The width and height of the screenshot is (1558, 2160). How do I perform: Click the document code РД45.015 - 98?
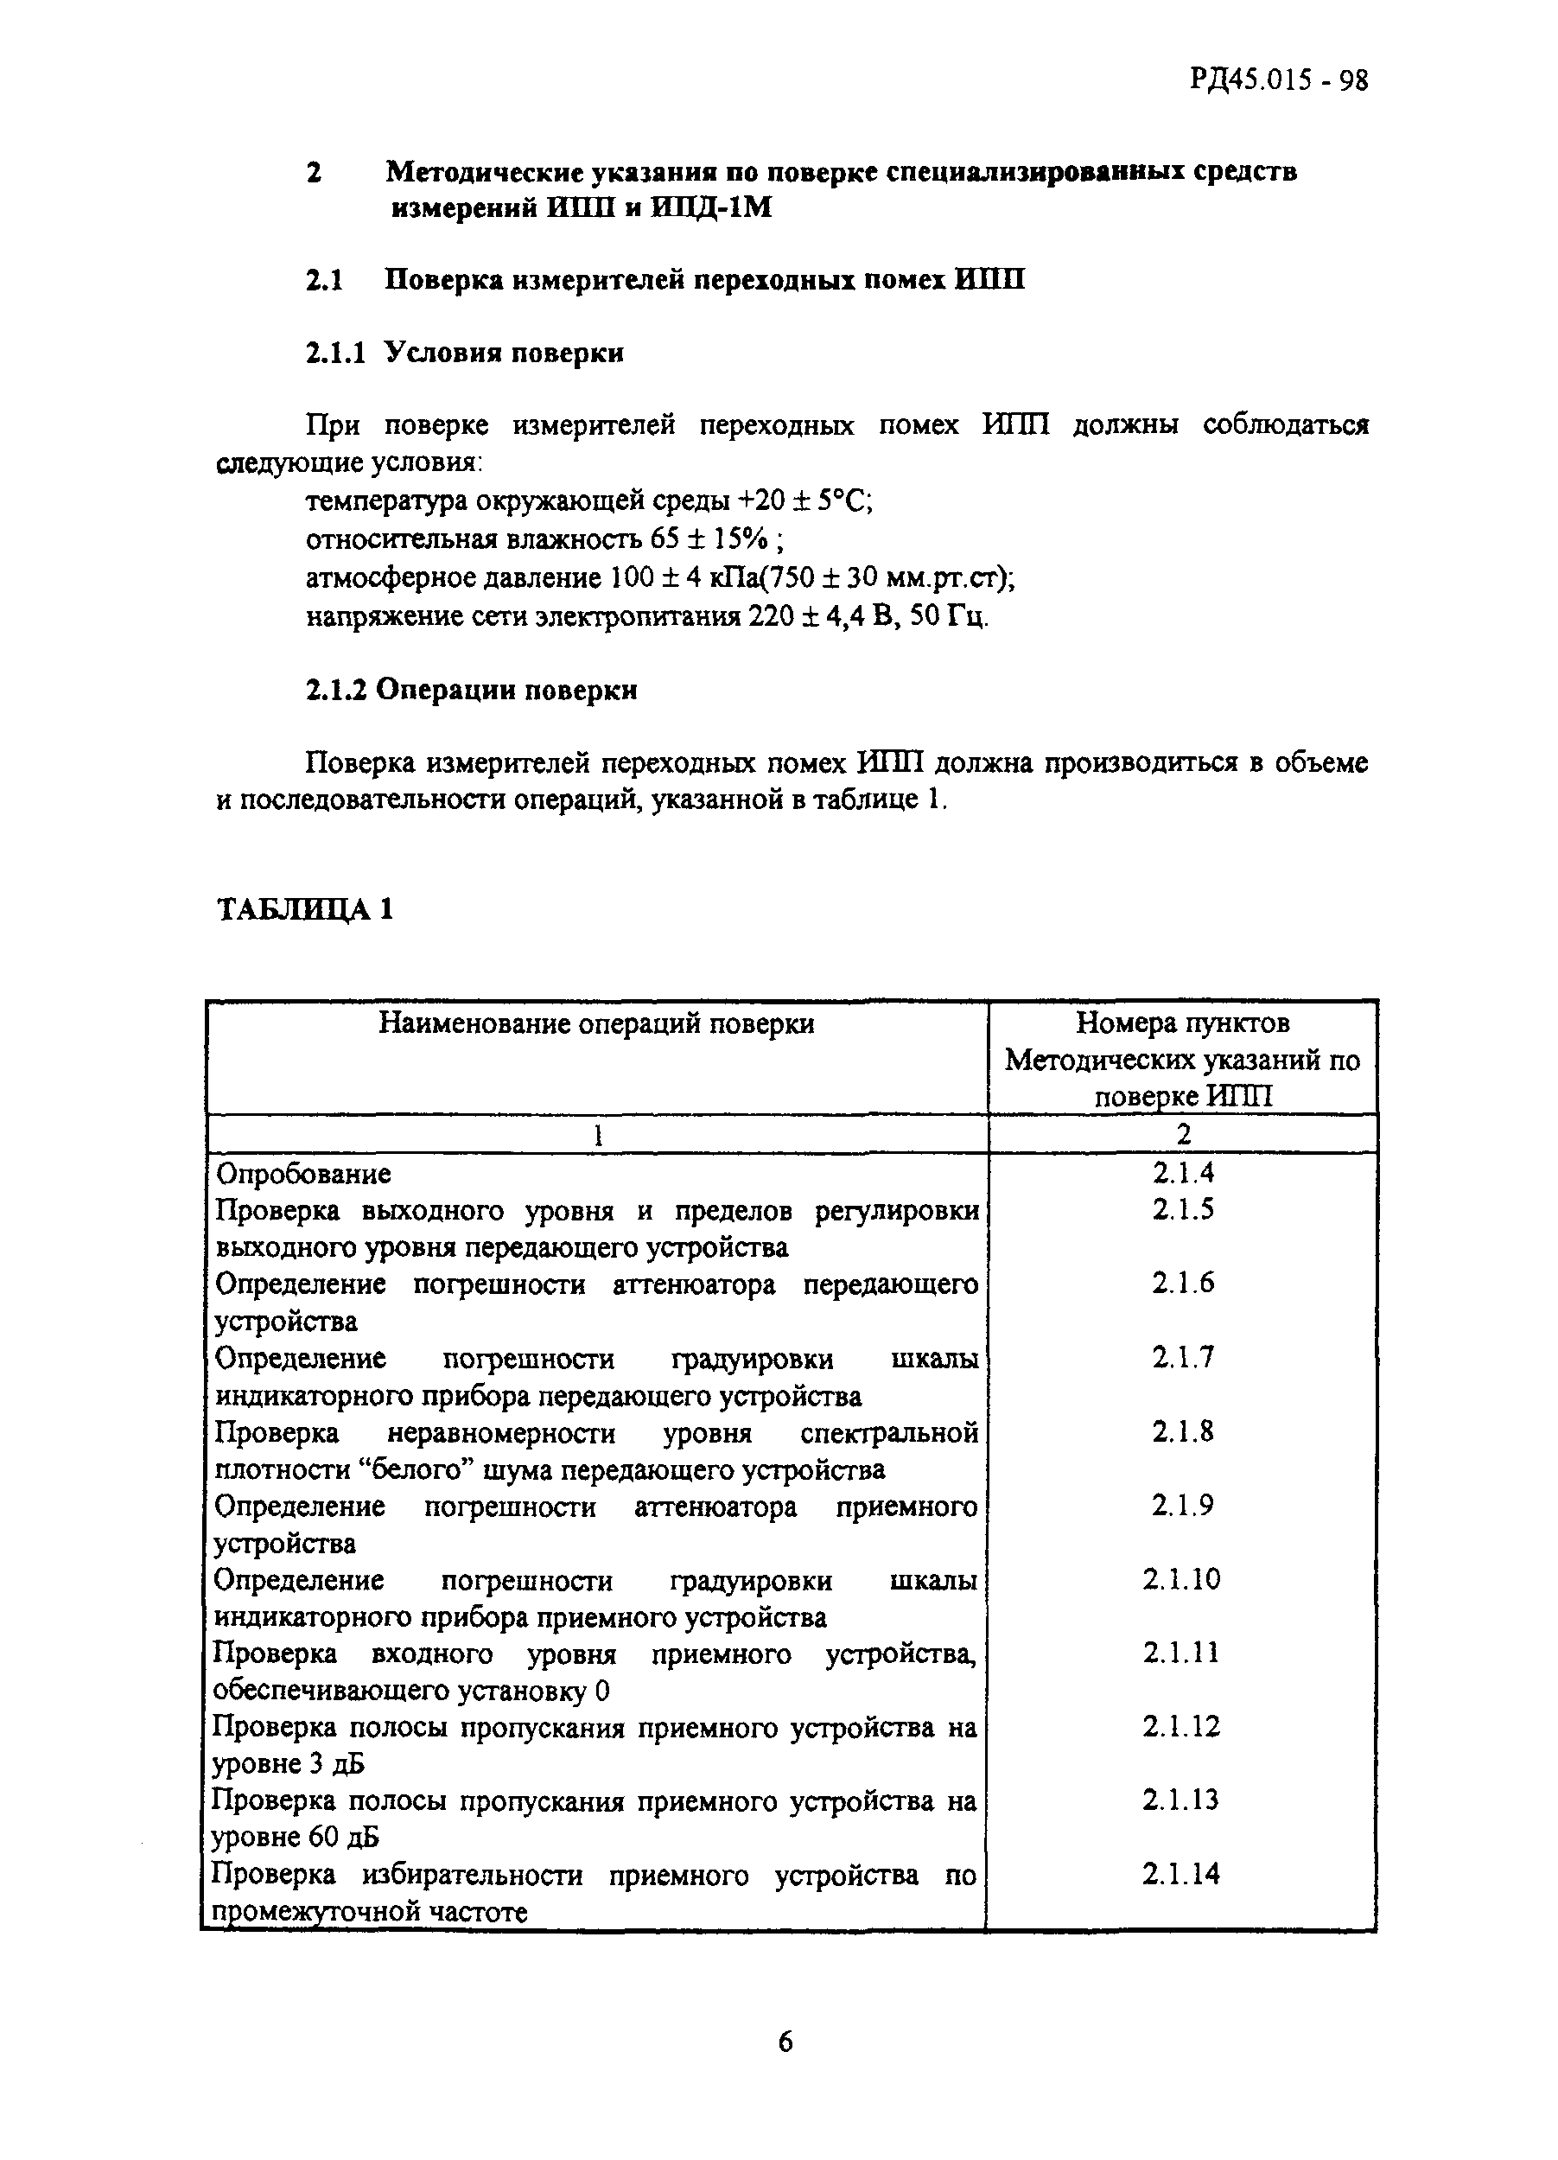point(1278,80)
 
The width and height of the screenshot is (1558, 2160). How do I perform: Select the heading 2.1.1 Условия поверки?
point(464,354)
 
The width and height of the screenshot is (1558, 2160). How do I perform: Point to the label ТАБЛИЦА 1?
point(305,909)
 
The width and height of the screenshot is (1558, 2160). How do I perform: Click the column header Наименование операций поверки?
point(596,1023)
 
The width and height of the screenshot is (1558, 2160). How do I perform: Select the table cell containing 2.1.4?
point(1182,1172)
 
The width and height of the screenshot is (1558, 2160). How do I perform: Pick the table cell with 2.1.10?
point(1181,1580)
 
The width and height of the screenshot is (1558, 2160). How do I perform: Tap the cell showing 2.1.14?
point(1181,1874)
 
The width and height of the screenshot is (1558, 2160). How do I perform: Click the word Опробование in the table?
point(302,1173)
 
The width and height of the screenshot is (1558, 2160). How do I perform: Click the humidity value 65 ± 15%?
point(708,540)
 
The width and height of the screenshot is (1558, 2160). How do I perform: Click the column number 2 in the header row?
point(1183,1134)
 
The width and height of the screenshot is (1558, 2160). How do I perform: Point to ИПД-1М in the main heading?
point(710,207)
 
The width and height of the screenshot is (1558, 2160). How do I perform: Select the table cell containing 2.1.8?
point(1182,1432)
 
